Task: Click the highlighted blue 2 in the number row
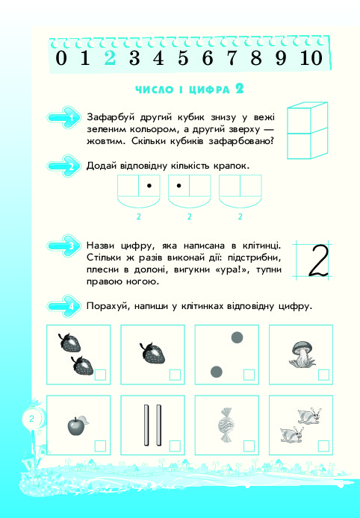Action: (x=110, y=57)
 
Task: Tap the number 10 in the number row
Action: (x=311, y=57)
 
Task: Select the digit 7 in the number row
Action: (x=232, y=57)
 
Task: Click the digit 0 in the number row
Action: (x=60, y=57)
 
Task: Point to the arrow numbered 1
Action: (x=63, y=117)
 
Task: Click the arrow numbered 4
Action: (x=63, y=306)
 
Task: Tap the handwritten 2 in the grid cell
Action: (x=318, y=260)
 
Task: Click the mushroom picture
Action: (x=302, y=354)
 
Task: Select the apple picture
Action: (x=78, y=425)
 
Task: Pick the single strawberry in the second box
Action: (x=152, y=353)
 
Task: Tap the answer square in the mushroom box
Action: (x=323, y=375)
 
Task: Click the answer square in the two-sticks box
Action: (x=175, y=446)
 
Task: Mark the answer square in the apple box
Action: (x=101, y=446)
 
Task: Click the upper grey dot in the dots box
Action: (x=237, y=337)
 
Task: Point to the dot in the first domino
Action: (x=149, y=186)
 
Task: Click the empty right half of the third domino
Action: (x=250, y=186)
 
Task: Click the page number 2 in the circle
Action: (x=31, y=419)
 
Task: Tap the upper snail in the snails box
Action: (x=309, y=416)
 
